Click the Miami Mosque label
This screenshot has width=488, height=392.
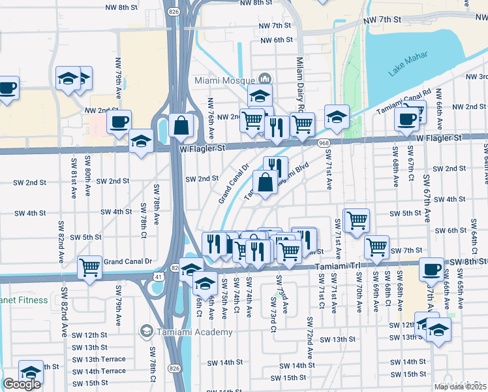point(224,80)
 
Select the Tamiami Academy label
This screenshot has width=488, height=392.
point(194,332)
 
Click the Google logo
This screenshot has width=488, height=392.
point(22,384)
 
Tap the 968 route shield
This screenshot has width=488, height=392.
point(323,142)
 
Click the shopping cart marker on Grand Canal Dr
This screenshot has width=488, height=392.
point(89,267)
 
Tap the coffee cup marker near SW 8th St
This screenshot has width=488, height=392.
point(431,269)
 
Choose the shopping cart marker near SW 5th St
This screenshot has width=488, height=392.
point(357,220)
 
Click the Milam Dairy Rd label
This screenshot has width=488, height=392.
point(301,82)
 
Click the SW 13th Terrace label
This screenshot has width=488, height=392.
point(99,359)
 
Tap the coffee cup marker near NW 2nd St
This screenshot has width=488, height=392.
point(119,121)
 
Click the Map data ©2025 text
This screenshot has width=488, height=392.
point(461,387)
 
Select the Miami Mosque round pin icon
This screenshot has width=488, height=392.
point(264,80)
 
